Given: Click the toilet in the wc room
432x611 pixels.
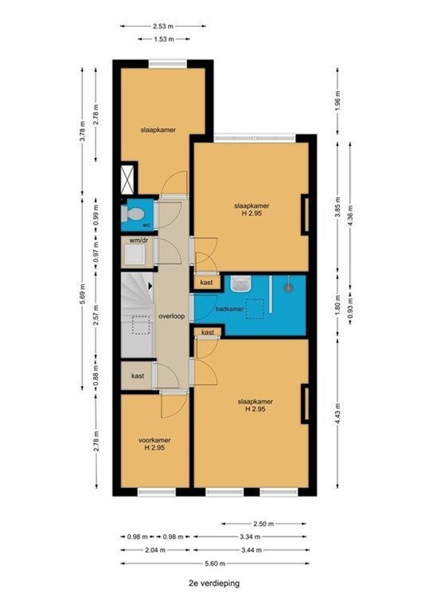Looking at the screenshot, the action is [131, 213].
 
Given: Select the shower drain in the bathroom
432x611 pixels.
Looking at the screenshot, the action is [288, 287].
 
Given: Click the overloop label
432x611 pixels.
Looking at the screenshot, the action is [171, 316].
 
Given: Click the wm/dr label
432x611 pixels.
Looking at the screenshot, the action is [139, 240].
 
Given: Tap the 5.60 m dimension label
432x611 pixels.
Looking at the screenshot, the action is [215, 563].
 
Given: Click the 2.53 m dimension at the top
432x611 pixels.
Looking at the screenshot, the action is [163, 26].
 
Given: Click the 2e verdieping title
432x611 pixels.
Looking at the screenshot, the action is [214, 583].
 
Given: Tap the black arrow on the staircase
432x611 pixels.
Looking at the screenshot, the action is [150, 286].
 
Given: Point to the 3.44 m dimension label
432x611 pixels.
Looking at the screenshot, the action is [251, 550].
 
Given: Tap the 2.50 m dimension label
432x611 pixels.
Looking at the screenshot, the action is [263, 524].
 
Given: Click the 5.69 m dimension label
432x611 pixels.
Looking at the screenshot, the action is [82, 294].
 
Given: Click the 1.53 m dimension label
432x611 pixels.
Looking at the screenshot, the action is [164, 39].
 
